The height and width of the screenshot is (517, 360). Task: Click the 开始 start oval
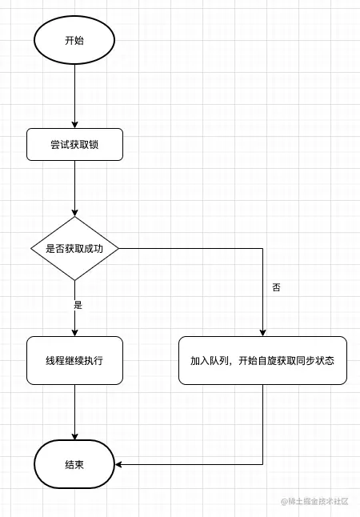pyautogui.click(x=74, y=40)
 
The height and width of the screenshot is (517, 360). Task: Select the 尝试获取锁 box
pyautogui.click(x=74, y=144)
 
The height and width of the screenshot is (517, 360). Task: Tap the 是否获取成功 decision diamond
pyautogui.click(x=74, y=248)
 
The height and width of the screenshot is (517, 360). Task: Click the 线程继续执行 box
pyautogui.click(x=74, y=360)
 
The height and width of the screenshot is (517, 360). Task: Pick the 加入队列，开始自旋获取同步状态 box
pyautogui.click(x=262, y=360)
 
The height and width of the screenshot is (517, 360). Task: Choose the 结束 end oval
pyautogui.click(x=74, y=464)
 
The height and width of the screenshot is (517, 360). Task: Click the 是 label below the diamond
pyautogui.click(x=78, y=305)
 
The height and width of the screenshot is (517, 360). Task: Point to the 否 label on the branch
pyautogui.click(x=277, y=287)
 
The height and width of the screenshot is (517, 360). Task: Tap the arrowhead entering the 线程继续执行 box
pyautogui.click(x=74, y=331)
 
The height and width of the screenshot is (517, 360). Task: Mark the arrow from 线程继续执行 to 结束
pyautogui.click(x=74, y=412)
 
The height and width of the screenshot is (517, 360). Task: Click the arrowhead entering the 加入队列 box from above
pyautogui.click(x=262, y=331)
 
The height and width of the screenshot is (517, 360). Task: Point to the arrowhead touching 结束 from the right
pyautogui.click(x=119, y=464)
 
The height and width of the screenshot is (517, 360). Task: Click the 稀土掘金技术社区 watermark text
pyautogui.click(x=318, y=501)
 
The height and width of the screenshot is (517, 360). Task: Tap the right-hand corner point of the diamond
pyautogui.click(x=119, y=248)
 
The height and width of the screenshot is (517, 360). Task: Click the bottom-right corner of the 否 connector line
pyautogui.click(x=262, y=464)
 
